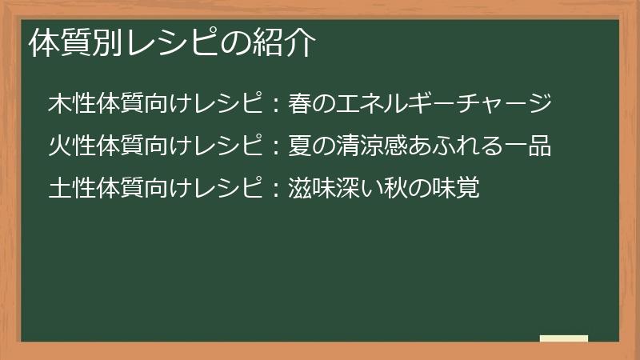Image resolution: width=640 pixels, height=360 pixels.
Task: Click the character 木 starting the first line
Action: coord(59,105)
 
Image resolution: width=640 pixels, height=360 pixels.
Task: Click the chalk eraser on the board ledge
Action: coord(564,338)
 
